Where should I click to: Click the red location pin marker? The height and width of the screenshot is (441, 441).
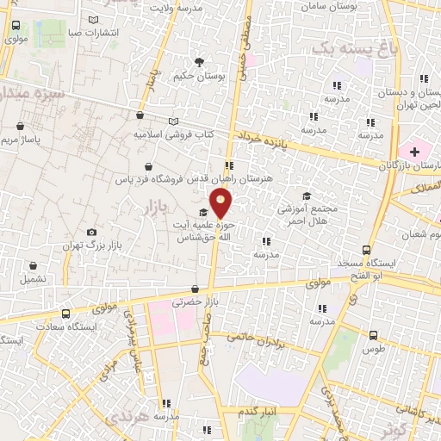[221, 203]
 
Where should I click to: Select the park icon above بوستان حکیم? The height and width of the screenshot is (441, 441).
[200, 62]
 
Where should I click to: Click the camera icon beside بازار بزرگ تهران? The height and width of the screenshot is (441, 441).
[92, 231]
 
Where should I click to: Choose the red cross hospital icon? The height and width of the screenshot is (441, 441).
[415, 152]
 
